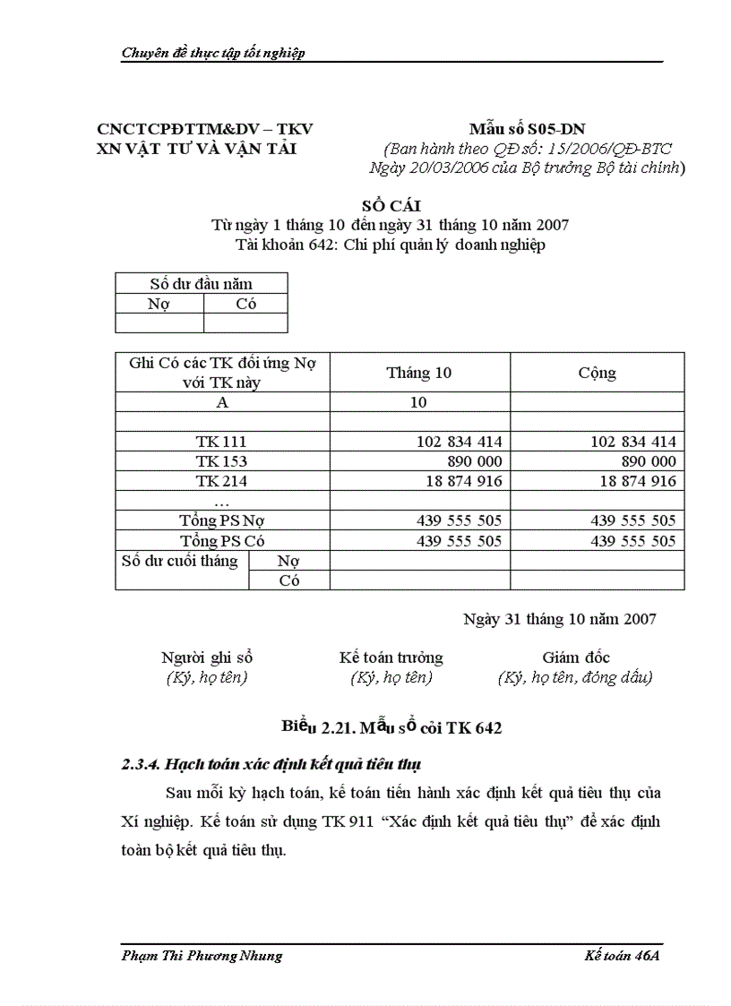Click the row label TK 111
221,442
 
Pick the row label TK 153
221,461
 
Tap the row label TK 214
221,481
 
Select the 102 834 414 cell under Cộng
632,442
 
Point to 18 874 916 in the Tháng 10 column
460,481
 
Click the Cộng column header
597,373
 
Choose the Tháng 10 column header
419,373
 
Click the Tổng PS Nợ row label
221,520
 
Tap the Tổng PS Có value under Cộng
632,541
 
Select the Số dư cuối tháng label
180,561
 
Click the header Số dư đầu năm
201,283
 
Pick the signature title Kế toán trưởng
391,658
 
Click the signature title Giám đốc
576,658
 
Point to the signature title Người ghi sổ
207,658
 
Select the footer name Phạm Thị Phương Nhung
202,955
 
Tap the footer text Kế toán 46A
621,955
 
